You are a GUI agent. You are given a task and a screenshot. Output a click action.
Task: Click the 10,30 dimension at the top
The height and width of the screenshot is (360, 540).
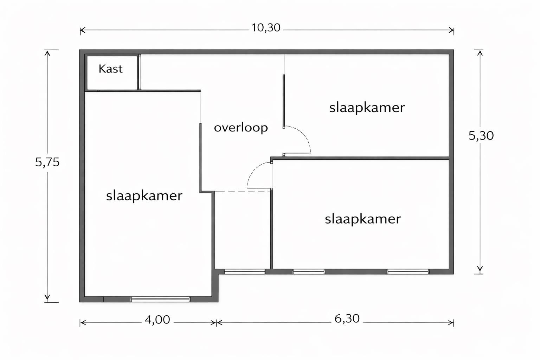coord(266,28)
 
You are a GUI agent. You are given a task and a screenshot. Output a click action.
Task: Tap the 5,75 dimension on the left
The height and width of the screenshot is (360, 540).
coord(47,162)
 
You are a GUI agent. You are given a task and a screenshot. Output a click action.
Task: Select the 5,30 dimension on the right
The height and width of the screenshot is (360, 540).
coord(481,135)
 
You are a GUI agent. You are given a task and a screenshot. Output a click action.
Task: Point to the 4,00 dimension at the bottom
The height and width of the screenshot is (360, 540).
coord(157,320)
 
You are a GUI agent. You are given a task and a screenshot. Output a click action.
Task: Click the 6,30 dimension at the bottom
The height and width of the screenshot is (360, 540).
coord(347,319)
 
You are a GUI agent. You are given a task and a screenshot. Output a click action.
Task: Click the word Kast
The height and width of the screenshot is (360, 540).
coord(110,69)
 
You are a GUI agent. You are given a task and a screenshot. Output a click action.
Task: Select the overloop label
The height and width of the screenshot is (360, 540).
coord(241,127)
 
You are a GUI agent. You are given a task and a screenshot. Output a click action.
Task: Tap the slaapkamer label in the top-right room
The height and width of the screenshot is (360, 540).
coord(367,108)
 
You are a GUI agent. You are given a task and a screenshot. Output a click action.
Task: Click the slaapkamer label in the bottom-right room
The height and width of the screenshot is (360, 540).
coord(362,219)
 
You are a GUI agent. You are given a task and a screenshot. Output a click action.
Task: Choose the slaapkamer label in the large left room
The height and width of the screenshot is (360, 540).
coord(144,195)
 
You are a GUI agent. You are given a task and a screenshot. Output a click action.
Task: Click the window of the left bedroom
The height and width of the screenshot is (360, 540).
coord(160,299)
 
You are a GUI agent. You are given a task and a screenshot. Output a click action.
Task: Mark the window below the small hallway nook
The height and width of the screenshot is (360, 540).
coord(244,271)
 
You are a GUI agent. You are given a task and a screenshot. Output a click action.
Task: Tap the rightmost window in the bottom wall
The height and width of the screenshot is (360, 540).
coord(408,271)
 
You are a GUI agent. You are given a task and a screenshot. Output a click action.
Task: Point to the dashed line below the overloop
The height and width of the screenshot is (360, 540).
coord(243,191)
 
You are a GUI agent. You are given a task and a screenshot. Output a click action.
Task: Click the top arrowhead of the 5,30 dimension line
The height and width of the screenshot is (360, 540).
coord(478,52)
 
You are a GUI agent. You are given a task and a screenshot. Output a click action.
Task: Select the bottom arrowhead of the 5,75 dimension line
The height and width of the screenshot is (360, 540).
coord(47,299)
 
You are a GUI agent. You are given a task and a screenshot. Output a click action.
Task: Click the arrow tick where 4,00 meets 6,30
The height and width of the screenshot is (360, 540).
coord(216,322)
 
